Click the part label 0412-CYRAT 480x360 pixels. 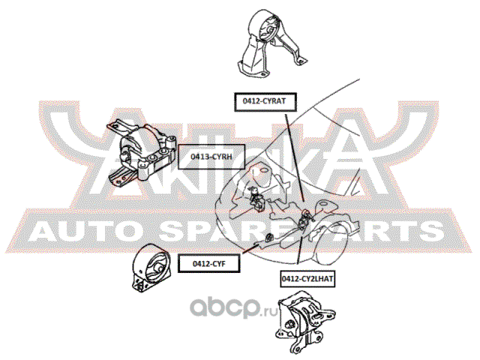265,102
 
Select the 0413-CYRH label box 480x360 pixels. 211,157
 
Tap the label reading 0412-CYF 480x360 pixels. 209,263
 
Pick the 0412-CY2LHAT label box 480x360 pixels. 307,279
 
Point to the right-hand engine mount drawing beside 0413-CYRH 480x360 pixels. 142,154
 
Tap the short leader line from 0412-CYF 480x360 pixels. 251,249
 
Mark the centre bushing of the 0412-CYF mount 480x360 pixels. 159,268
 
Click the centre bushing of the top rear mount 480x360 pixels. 270,31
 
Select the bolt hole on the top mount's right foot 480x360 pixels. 300,61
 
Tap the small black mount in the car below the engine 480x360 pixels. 268,237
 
